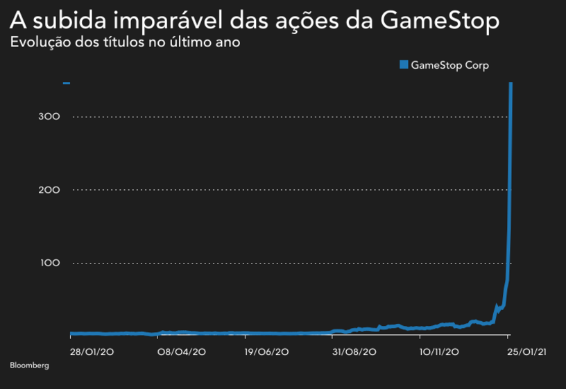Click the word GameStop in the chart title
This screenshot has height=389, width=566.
(x=440, y=21)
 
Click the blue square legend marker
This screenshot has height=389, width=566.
(x=404, y=65)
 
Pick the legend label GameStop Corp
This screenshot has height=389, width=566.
(x=449, y=65)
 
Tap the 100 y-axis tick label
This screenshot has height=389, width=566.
(x=51, y=263)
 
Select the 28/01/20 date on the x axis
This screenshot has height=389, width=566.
(x=92, y=352)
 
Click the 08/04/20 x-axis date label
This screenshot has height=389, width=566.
(x=182, y=352)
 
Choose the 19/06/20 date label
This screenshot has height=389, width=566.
(x=267, y=352)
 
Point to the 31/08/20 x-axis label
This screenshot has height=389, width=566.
(x=354, y=352)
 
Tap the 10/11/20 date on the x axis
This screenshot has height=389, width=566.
(x=440, y=352)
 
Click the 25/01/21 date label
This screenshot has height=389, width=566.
(x=527, y=352)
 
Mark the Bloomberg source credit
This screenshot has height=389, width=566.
(x=29, y=365)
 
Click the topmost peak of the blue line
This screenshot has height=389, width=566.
(x=511, y=84)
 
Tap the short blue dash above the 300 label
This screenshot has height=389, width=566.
(x=67, y=83)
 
